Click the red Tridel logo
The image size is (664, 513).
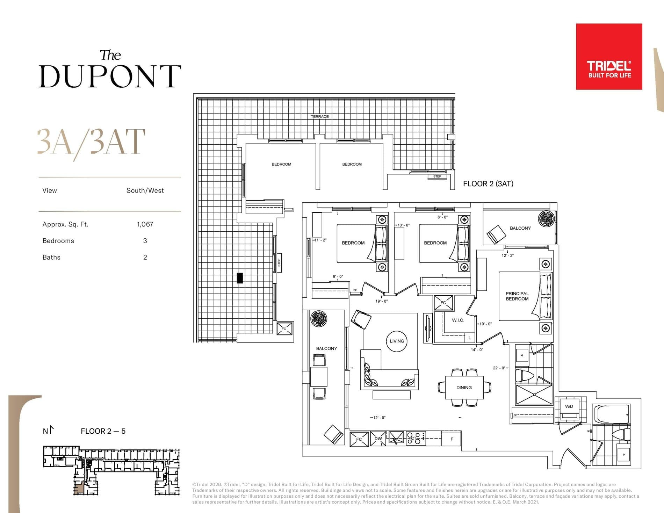point(609,57)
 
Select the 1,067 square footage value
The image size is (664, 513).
point(145,224)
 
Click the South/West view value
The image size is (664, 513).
point(145,190)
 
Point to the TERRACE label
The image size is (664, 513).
point(319,116)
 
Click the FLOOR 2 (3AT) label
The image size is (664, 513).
point(488,184)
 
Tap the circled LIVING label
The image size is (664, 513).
point(397,341)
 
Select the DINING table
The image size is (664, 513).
point(464,387)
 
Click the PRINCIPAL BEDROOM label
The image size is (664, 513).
point(517,296)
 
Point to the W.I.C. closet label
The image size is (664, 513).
point(458,320)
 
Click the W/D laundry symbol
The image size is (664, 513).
point(569,406)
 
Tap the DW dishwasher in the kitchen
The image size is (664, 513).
point(378,439)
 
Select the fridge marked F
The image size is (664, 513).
point(452,439)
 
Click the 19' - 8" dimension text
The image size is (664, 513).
point(381,301)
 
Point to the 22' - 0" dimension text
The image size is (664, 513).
point(499,368)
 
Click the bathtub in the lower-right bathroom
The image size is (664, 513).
point(612,414)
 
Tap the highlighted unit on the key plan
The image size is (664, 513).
point(78,488)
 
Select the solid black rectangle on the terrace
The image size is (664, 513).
point(240,278)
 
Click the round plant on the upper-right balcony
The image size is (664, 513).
point(546,219)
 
